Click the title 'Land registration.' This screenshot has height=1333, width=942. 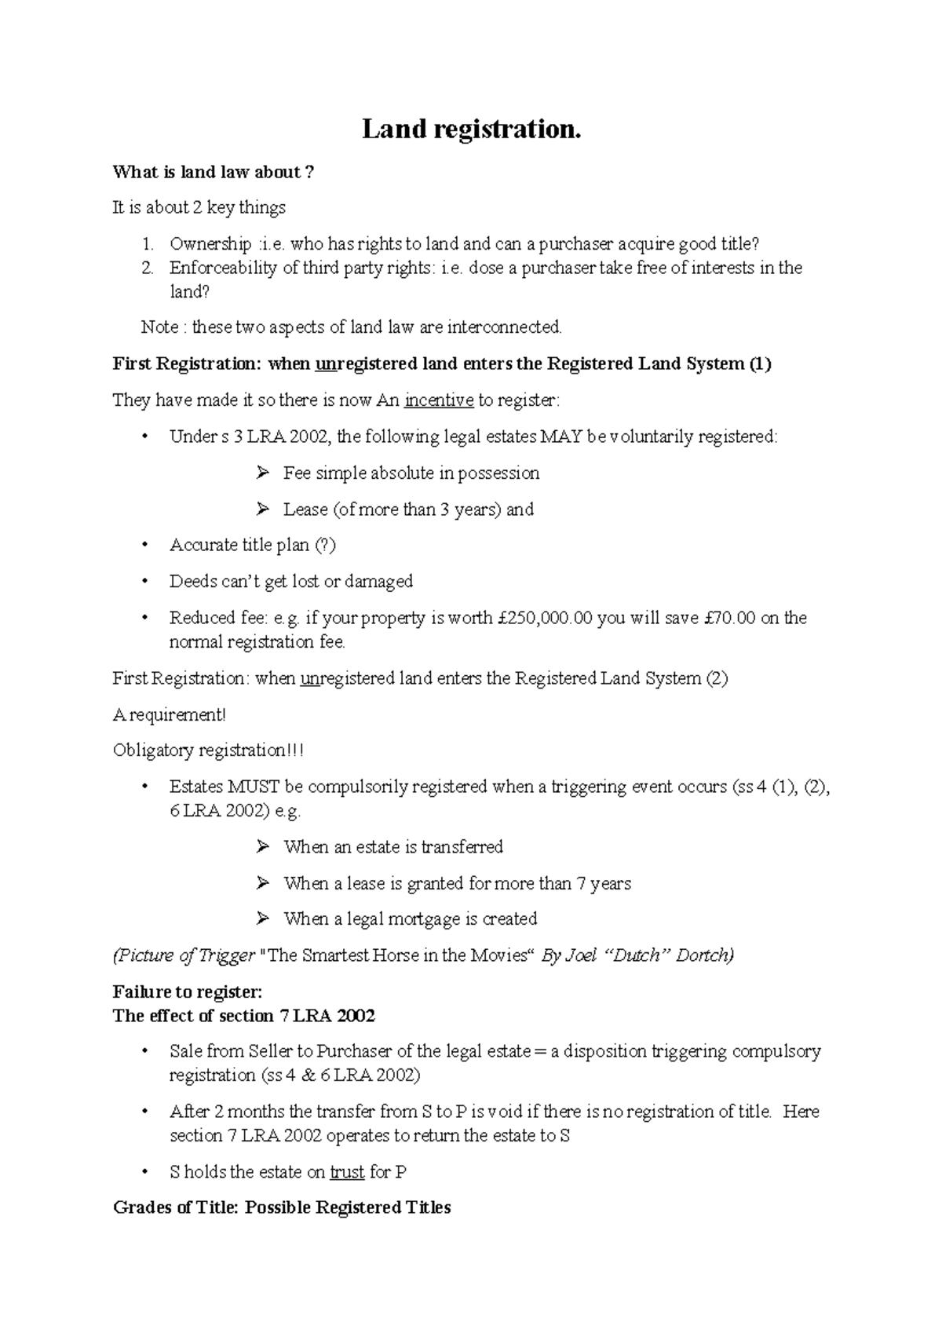point(471,129)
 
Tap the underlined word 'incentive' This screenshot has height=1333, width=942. point(439,400)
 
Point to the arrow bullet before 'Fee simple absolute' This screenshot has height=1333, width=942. point(262,473)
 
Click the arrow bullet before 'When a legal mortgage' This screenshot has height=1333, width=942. point(262,918)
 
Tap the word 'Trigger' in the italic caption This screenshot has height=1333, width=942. point(227,955)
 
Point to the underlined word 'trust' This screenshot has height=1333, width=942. point(347,1172)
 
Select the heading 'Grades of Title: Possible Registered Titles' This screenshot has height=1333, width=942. point(282,1207)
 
